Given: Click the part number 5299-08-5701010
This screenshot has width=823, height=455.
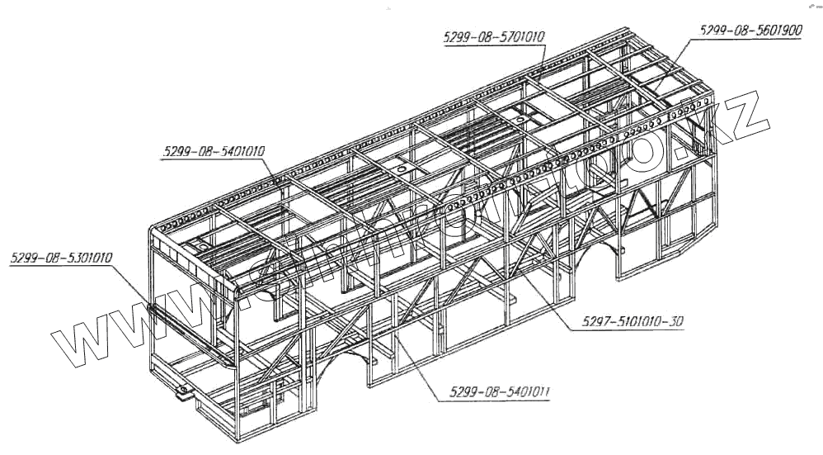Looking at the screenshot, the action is (x=495, y=37).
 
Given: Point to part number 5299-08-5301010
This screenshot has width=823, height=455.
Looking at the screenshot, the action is (x=62, y=258).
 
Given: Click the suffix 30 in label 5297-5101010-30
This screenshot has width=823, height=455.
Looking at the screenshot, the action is (x=675, y=322).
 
